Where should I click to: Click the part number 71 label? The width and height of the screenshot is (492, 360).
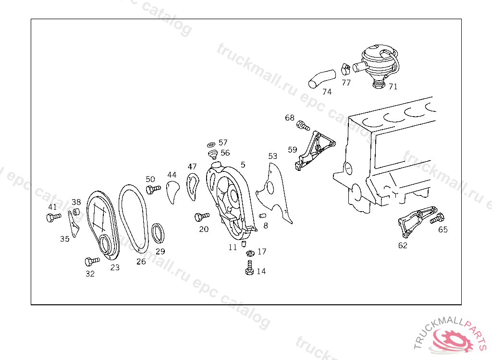point(393,87)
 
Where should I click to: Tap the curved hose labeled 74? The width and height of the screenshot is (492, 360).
point(322,78)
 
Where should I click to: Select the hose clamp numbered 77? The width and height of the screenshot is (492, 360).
point(345,70)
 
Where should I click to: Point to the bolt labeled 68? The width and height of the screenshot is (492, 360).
point(303,126)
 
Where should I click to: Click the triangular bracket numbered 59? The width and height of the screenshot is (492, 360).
point(315,149)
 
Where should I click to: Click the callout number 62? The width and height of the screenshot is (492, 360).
point(403,245)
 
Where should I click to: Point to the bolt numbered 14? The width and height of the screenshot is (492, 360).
point(249,268)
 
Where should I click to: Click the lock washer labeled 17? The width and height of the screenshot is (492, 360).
point(250,253)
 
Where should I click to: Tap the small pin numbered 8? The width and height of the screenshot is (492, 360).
point(263,216)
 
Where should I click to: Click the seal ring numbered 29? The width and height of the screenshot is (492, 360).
point(159,233)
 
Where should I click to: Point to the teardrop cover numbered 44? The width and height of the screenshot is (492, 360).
point(172,191)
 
